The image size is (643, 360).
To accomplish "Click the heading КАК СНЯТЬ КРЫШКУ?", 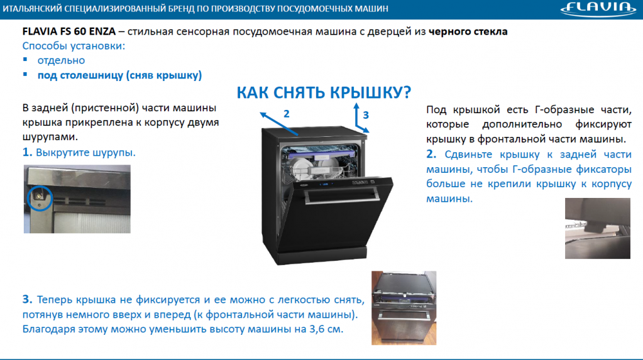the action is [324, 92].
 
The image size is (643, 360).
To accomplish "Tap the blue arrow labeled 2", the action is [279, 123].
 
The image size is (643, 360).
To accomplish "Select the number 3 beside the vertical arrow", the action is [366, 115].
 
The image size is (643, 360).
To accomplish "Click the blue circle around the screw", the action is [40, 198].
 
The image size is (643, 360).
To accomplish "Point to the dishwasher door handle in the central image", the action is [341, 197].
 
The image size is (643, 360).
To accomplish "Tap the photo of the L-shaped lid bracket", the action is [598, 229].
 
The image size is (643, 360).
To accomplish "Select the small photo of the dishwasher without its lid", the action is [404, 307].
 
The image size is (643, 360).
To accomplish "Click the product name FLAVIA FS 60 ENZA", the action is [69, 31].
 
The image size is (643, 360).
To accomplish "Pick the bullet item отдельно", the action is [61, 61].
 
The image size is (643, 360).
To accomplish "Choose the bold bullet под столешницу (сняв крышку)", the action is [120, 75].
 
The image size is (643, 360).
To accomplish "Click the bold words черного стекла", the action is [468, 31].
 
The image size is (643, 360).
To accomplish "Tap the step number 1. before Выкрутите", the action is [27, 152].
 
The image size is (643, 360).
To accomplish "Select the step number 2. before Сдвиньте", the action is [431, 154].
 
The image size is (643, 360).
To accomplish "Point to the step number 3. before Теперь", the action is [27, 299].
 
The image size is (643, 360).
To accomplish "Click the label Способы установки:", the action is [74, 46].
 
